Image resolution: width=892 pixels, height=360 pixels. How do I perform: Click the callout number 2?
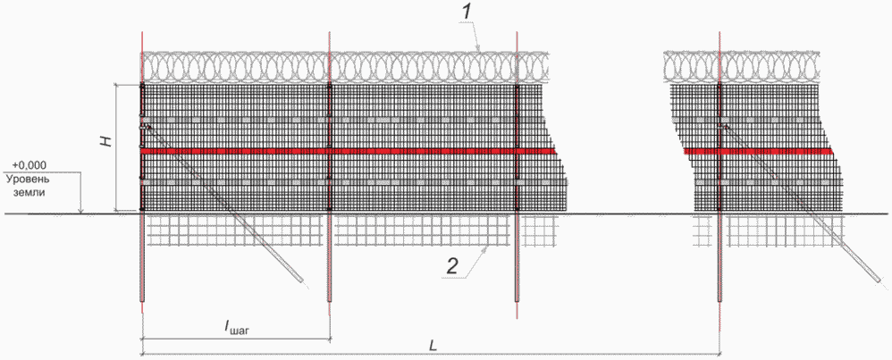click(451, 267)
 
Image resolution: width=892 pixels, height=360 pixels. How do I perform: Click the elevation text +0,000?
click(29, 165)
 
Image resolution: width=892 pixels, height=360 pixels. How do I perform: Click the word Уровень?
click(29, 179)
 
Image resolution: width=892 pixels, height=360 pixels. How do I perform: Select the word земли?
click(29, 192)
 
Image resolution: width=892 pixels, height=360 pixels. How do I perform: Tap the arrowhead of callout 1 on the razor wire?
click(480, 49)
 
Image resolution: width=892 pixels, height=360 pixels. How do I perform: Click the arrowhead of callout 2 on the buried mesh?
click(487, 247)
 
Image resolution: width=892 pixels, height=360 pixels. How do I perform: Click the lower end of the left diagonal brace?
click(302, 281)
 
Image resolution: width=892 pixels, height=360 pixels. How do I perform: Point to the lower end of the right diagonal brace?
click(881, 281)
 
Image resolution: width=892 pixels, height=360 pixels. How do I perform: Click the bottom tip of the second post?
click(330, 301)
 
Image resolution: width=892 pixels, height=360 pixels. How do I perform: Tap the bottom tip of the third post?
click(517, 301)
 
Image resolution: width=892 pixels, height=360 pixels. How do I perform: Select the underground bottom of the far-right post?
click(720, 301)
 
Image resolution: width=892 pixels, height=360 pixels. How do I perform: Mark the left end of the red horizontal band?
click(140, 151)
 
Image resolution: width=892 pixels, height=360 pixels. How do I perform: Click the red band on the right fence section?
click(758, 151)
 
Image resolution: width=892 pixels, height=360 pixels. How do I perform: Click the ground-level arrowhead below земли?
click(81, 212)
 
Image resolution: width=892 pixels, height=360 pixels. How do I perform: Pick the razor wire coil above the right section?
click(743, 65)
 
